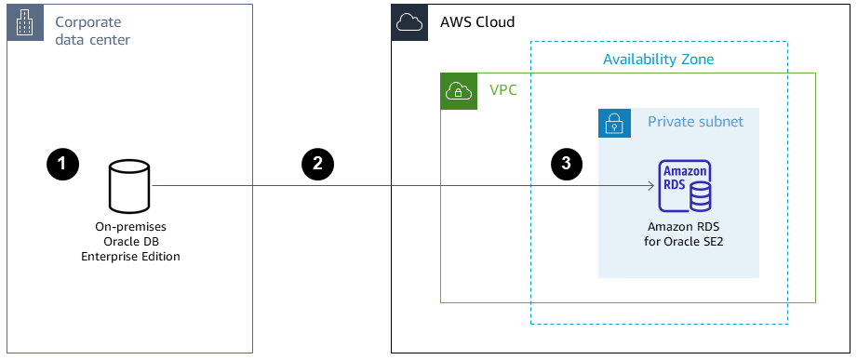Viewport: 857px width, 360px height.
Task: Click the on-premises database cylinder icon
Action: [130, 185]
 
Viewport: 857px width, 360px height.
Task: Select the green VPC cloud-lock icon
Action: [458, 90]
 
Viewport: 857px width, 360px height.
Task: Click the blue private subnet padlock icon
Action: [615, 122]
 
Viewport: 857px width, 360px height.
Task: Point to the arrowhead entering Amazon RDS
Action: [650, 185]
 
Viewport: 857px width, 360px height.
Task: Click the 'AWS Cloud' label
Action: [476, 22]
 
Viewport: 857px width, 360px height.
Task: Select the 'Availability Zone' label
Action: [658, 60]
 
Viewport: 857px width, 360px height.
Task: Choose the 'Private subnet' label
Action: [695, 122]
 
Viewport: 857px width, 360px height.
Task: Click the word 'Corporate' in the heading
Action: [87, 21]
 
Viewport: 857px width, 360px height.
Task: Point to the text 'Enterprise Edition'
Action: [130, 256]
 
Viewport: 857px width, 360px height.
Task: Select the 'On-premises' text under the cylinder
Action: [130, 226]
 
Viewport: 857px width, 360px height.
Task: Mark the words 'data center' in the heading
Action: [92, 40]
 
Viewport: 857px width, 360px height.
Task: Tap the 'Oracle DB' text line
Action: [130, 241]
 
